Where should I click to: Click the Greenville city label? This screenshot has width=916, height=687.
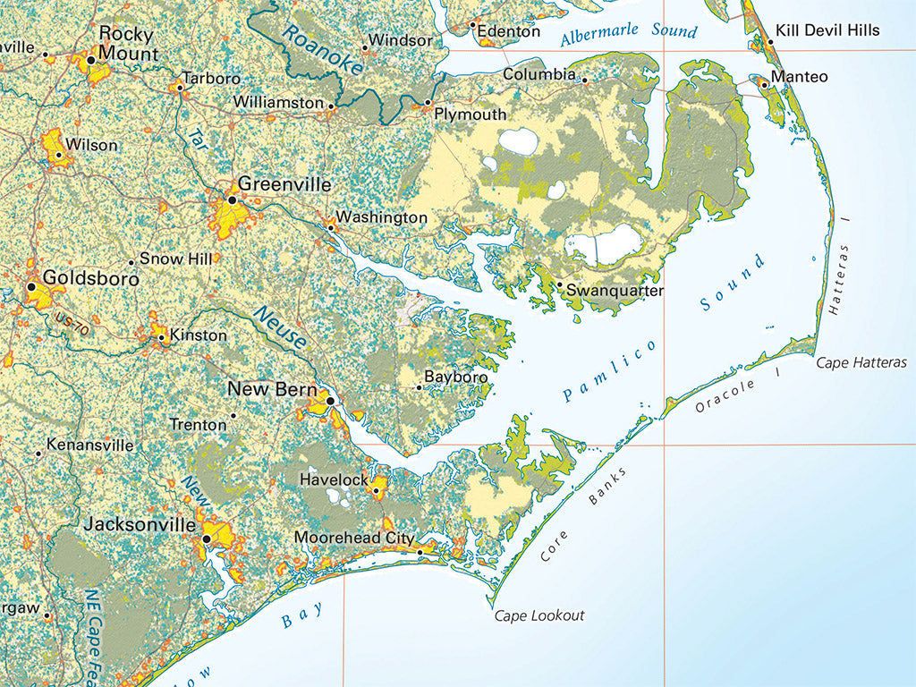284,185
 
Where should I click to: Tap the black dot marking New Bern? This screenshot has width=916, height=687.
330,401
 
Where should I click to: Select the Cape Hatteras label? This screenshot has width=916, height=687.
861,362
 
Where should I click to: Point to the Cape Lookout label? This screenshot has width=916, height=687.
539,615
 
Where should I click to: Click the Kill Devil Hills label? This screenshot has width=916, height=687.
827,30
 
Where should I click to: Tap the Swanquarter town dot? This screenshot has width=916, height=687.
560,285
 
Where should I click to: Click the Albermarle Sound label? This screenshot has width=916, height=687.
628,34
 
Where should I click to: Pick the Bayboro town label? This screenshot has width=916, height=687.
456,377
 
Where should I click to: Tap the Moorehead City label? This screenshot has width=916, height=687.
354,539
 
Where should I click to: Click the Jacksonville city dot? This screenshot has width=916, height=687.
208,539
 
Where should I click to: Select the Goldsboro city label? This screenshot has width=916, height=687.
90,278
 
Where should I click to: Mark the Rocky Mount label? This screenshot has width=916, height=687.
126,44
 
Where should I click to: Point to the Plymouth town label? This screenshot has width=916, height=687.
470,114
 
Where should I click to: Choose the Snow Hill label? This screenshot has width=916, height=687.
176,259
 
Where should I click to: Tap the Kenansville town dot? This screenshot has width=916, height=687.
38,454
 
